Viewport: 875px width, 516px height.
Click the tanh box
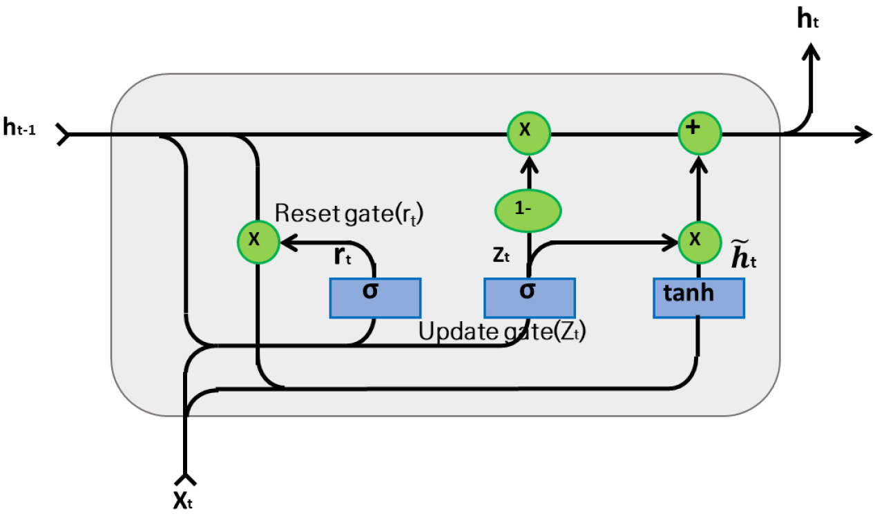click(x=698, y=298)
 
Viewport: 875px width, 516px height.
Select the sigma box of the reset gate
click(x=375, y=298)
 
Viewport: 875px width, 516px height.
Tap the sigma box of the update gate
click(x=529, y=298)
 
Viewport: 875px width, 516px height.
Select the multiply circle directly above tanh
click(x=699, y=241)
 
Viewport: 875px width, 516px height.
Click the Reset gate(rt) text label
click(x=348, y=213)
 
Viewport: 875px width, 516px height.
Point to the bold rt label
click(x=343, y=257)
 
